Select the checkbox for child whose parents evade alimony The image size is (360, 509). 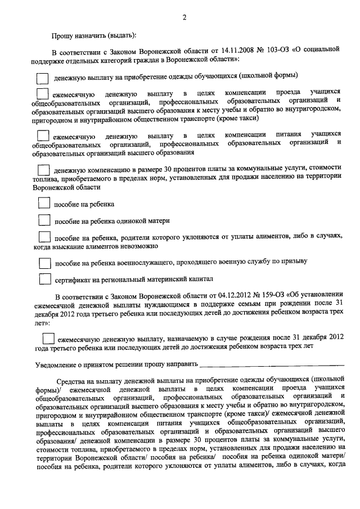[44, 237]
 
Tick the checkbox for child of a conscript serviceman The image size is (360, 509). [44, 262]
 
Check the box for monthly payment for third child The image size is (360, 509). [48, 338]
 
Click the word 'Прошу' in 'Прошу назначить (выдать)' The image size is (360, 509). [64, 35]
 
